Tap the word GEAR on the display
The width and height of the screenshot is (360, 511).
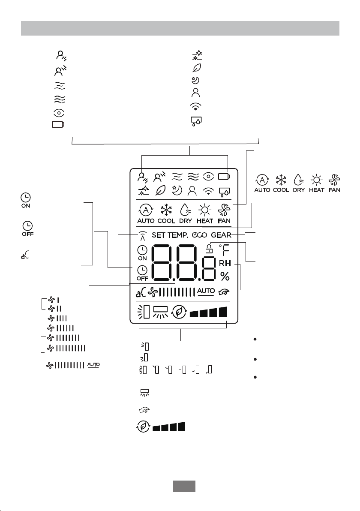click(x=221, y=235)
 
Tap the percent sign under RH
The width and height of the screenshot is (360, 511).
click(x=225, y=275)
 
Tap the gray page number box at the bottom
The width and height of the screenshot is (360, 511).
click(x=184, y=486)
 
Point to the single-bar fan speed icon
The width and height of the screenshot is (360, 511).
click(x=54, y=300)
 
